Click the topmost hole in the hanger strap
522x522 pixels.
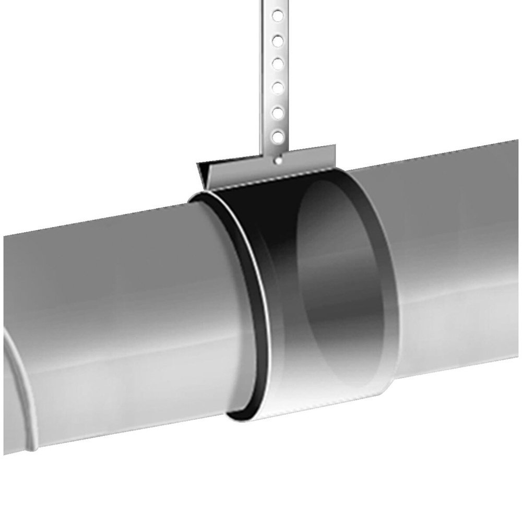click(x=278, y=16)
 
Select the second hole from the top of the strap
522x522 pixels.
click(x=278, y=40)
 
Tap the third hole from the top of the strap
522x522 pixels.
click(x=278, y=64)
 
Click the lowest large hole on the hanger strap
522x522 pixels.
click(x=278, y=137)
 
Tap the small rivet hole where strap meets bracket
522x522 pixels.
click(x=279, y=161)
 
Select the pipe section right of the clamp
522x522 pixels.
click(x=454, y=261)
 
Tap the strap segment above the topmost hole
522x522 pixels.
click(x=278, y=4)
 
